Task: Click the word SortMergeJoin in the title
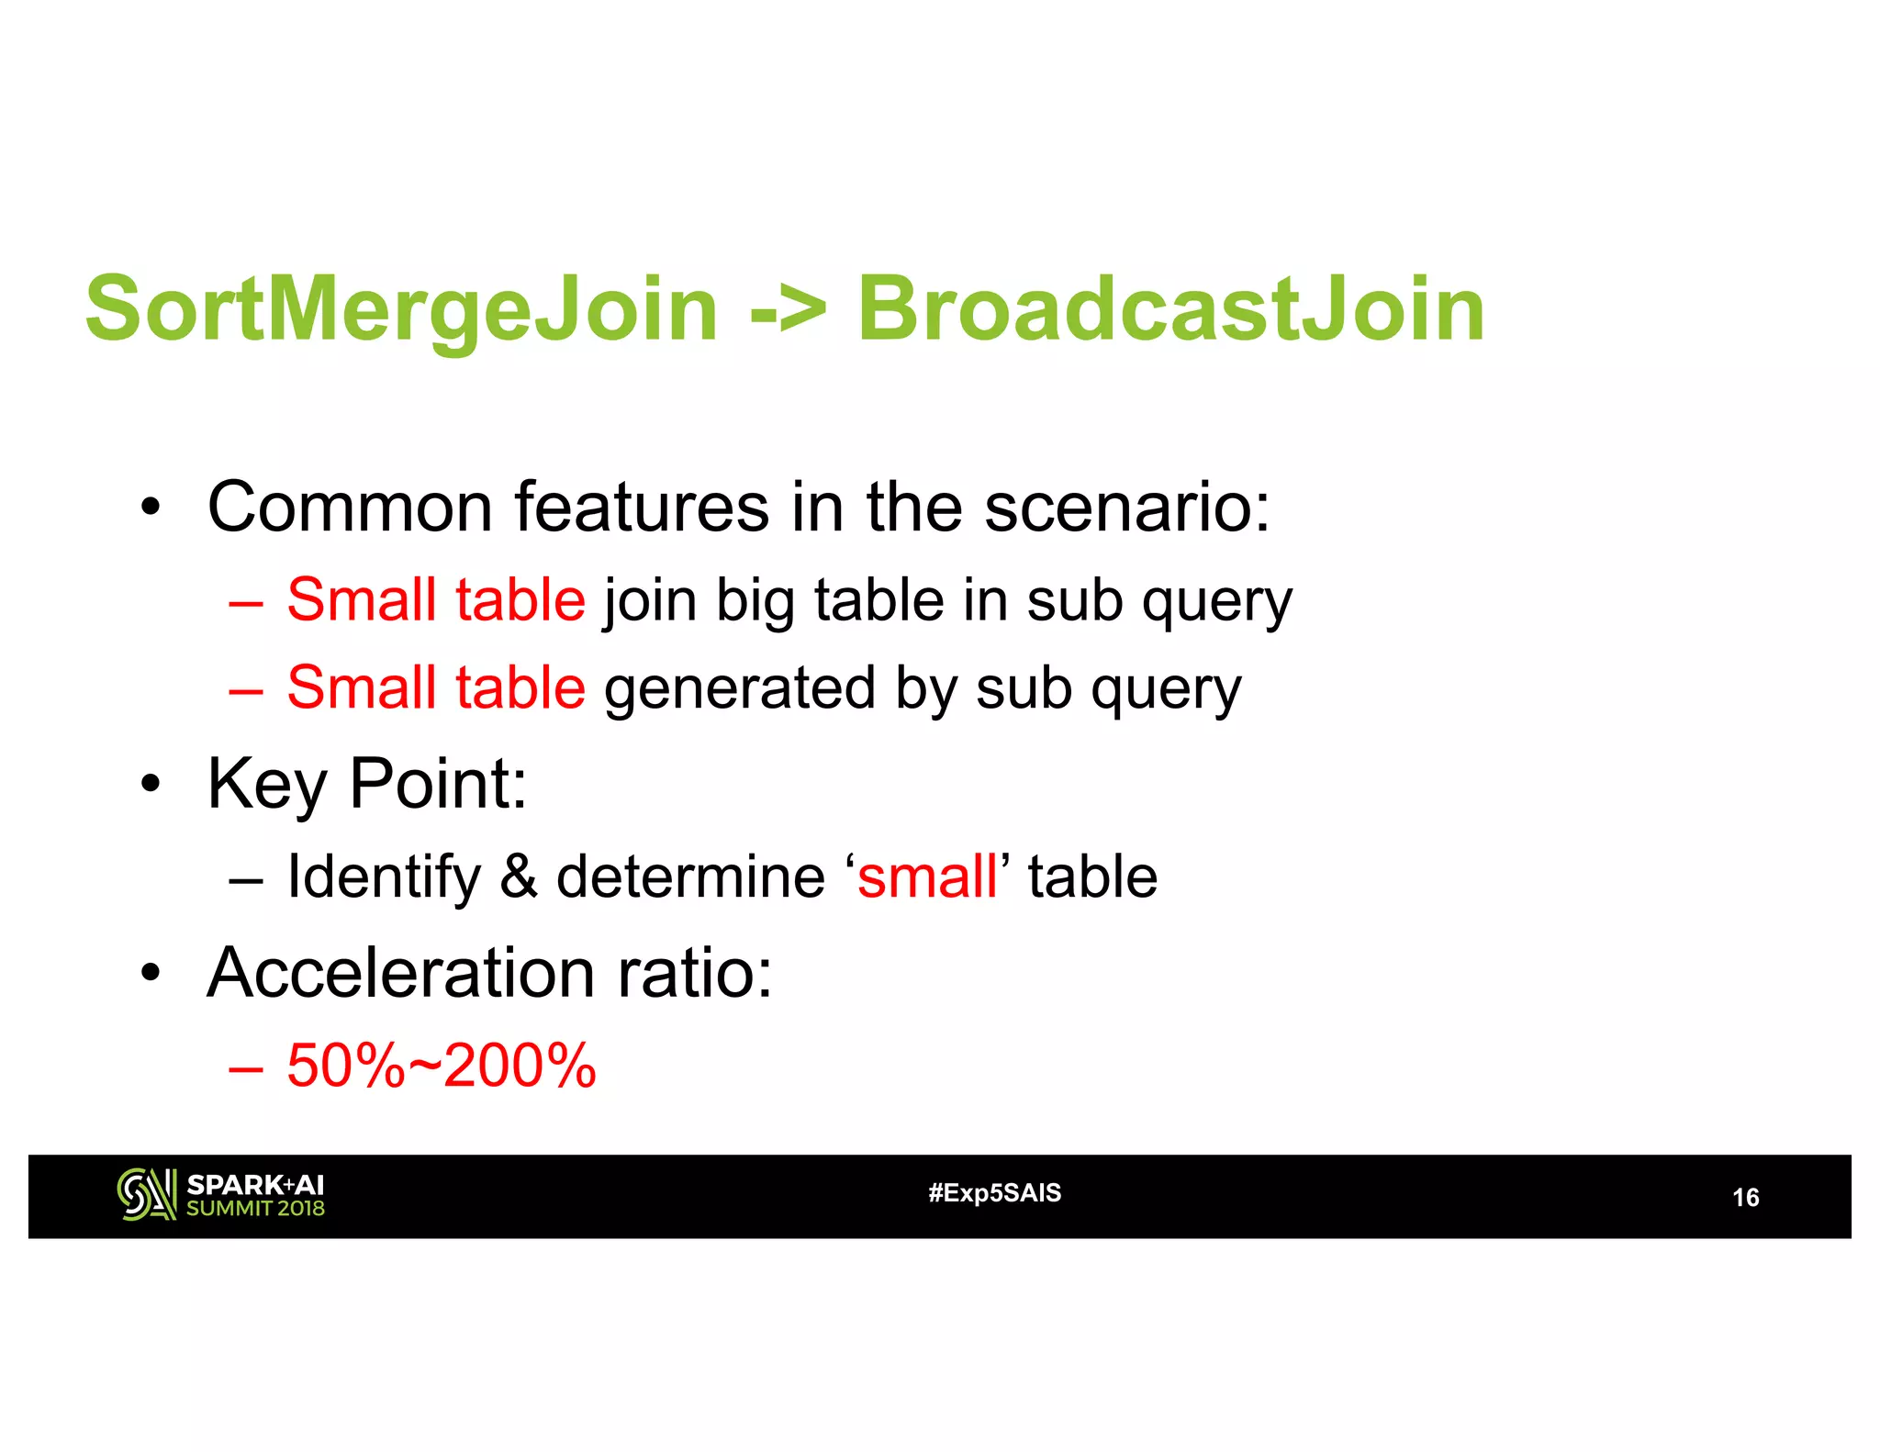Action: (400, 310)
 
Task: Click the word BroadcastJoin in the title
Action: (1170, 310)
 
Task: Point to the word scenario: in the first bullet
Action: (1127, 507)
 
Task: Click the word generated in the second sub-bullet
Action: (740, 689)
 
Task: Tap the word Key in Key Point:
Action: (267, 786)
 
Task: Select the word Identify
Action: (384, 877)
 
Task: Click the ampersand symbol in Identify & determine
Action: (519, 877)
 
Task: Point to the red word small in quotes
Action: (927, 877)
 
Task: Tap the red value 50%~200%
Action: (442, 1066)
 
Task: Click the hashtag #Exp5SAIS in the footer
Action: (994, 1193)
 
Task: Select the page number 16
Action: (1745, 1198)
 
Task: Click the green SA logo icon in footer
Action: (146, 1195)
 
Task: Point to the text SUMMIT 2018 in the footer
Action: (255, 1209)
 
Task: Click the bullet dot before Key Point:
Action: (151, 786)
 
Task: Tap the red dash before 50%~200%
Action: (246, 1067)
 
